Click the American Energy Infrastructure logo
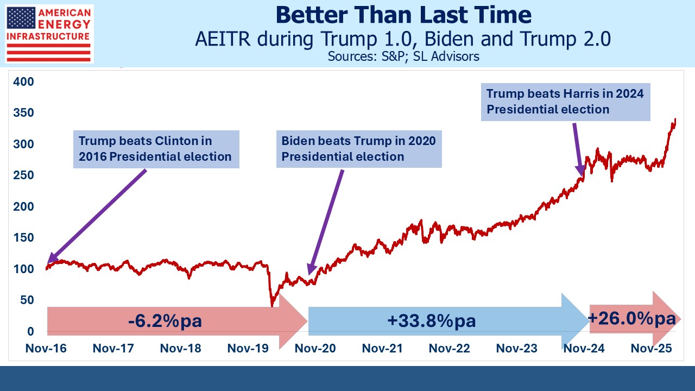coord(49,34)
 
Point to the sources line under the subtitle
coord(403,56)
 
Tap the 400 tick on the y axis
coord(23,82)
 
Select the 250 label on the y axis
coord(23,175)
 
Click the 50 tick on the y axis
coord(26,300)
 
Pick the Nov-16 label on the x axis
coord(46,349)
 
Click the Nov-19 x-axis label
coord(248,349)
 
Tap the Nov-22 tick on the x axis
coord(450,349)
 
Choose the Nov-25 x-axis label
coord(651,349)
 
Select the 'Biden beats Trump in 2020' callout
coord(358,149)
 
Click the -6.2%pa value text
coord(165,320)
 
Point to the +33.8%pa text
coord(432,320)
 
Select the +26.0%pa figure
coord(631,318)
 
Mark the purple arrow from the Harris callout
coord(578,149)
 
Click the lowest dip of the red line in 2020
coord(272,305)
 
